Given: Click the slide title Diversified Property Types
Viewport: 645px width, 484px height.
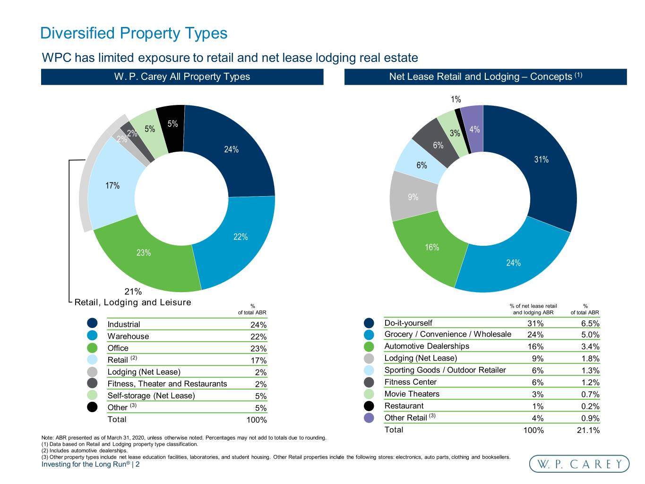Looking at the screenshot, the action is coord(134,33).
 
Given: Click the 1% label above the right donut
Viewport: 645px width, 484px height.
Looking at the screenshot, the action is coord(456,99).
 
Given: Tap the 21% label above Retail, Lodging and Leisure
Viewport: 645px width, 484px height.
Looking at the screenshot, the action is coord(133,292).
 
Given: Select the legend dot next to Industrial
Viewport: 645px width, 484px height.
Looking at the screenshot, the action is coord(92,323).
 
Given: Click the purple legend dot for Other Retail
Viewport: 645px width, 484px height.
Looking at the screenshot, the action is coord(369,417).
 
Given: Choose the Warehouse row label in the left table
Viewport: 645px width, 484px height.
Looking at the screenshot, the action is coord(128,336).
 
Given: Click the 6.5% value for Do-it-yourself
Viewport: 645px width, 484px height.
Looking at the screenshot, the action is coord(590,323).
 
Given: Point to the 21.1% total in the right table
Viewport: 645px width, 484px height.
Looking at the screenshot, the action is coord(588,430).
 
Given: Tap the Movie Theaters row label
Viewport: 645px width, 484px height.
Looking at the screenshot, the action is coord(412,394).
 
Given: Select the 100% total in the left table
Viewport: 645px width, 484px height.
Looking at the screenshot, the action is coord(257,420).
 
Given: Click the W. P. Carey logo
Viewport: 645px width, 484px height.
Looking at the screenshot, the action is coord(579,464).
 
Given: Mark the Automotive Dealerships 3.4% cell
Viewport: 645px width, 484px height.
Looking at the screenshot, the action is coord(590,347).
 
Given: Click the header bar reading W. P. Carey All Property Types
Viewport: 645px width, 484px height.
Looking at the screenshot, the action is coord(182,77).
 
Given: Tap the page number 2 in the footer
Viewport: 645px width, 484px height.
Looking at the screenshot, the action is coord(138,464).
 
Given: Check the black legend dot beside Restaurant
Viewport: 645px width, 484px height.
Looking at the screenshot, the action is coord(369,406).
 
